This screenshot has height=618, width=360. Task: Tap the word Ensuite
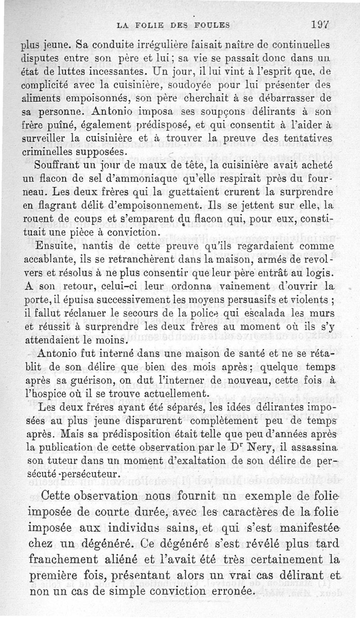pyautogui.click(x=55, y=246)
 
